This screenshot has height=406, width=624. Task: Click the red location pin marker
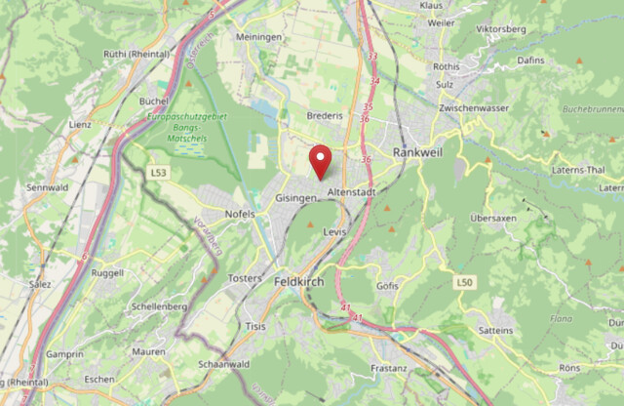tap(320, 159)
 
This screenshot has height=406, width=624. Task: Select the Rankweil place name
tap(419, 153)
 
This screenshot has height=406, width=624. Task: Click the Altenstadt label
tap(351, 192)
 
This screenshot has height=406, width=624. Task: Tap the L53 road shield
tap(159, 173)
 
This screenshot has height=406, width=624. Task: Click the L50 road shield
tap(464, 282)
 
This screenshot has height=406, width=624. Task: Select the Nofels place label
tap(239, 213)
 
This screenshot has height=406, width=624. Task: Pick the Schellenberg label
tap(158, 306)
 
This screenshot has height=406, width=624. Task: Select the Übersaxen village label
tap(492, 218)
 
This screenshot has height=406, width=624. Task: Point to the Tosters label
tap(246, 278)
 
